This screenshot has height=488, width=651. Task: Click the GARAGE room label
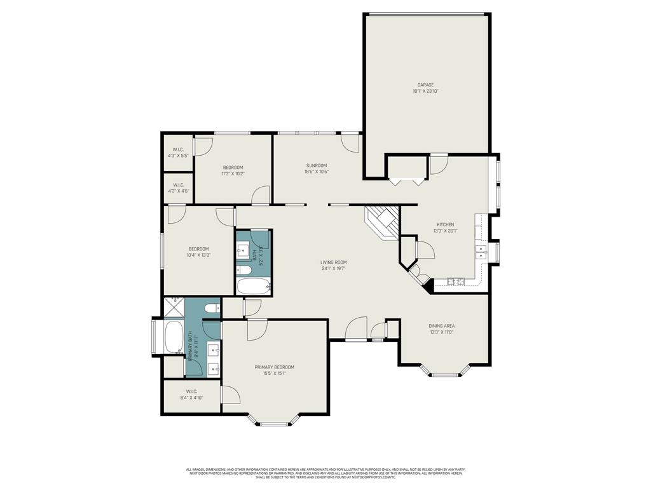click(425, 85)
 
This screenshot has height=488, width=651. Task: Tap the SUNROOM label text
click(315, 165)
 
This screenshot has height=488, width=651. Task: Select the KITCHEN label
click(445, 224)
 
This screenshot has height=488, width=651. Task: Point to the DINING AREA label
click(441, 326)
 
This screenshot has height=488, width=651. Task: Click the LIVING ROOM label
click(333, 262)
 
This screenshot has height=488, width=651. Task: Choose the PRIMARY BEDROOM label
click(274, 367)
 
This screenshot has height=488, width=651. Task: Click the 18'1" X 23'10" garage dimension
click(425, 91)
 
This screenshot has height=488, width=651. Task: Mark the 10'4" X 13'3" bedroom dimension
click(198, 255)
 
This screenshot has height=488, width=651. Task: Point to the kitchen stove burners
click(456, 281)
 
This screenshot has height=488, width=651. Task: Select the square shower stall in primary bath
click(174, 308)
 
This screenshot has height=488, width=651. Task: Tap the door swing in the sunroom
click(350, 143)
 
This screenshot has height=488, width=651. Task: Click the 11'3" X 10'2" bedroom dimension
click(233, 173)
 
